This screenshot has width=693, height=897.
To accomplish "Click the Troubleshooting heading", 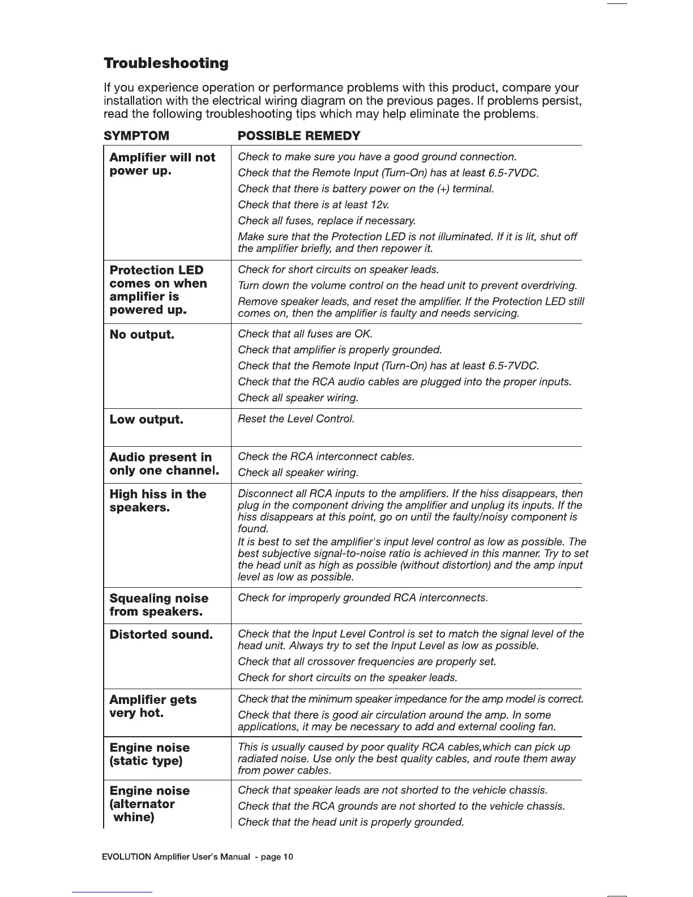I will pos(166,63).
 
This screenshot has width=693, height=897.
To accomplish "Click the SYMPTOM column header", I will pos(136,136).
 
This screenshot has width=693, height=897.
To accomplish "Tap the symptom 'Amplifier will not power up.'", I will pos(162,164).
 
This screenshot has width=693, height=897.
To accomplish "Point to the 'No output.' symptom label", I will pos(142,335).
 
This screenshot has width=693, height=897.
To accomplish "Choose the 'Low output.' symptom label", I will pos(146,420).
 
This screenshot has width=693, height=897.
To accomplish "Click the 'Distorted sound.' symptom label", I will pos(161,635).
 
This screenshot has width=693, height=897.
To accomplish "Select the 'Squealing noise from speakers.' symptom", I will pos(159,605).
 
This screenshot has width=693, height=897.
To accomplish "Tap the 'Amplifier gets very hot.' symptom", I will pos(153,706).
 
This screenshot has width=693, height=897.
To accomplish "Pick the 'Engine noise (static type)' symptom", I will pos(149,754).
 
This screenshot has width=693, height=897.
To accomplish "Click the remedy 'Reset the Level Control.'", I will pos(296,419).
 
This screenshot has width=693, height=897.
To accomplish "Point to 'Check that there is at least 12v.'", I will pos(313,204).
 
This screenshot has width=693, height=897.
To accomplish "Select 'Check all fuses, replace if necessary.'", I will pos(327,220).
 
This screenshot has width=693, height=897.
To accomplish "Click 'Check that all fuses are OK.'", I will pos(305,334).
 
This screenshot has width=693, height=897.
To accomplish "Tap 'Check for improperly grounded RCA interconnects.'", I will pos(362,598).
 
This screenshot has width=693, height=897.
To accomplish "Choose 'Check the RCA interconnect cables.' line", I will pos(326,456).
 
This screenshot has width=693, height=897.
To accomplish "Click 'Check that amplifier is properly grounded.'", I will pos(340,350).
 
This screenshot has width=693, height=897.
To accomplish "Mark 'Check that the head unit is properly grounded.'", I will pos(351,822).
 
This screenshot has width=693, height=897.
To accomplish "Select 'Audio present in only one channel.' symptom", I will pos(164,464).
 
